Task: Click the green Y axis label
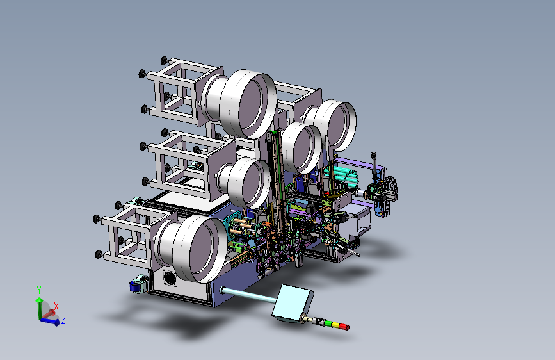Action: pyautogui.click(x=39, y=290)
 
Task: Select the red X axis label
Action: pyautogui.click(x=56, y=306)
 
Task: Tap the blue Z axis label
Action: pyautogui.click(x=63, y=320)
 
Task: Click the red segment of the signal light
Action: pyautogui.click(x=344, y=326)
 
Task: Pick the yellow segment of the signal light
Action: pyautogui.click(x=335, y=325)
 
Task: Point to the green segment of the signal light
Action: pyautogui.click(x=329, y=323)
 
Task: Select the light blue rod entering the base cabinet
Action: pyautogui.click(x=248, y=295)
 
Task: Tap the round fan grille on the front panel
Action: pyautogui.click(x=170, y=277)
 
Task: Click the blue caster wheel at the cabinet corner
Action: pyautogui.click(x=136, y=286)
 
